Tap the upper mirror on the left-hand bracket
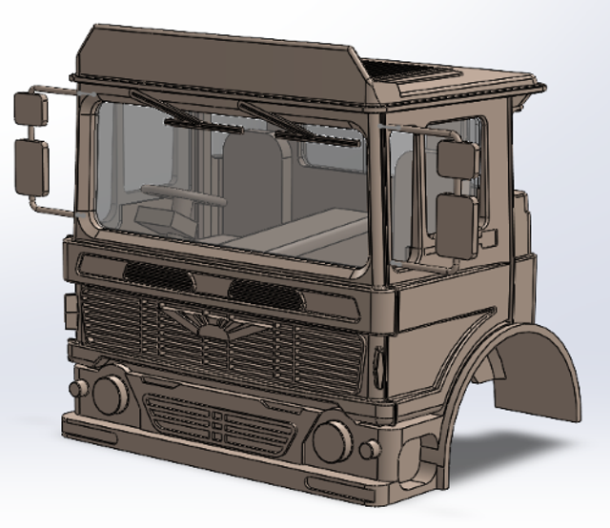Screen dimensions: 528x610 tap(30, 109)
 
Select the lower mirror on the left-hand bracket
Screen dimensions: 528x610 tap(31, 164)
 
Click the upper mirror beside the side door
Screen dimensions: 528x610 tap(456, 158)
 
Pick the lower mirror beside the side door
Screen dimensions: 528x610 tap(457, 225)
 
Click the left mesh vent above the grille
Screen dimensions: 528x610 tap(158, 276)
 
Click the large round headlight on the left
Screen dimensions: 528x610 tap(110, 393)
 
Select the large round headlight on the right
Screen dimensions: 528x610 tap(333, 439)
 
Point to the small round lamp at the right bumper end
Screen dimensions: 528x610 tap(370, 447)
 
